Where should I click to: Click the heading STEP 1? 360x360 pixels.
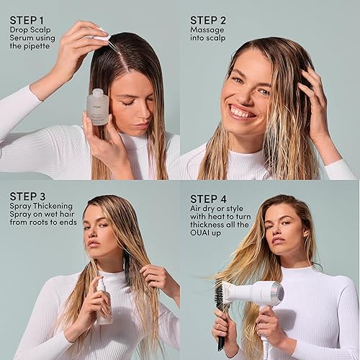[27, 19]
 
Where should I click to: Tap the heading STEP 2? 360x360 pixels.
[208, 19]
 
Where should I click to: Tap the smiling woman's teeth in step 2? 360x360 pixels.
[242, 112]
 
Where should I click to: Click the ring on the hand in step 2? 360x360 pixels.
[312, 88]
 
